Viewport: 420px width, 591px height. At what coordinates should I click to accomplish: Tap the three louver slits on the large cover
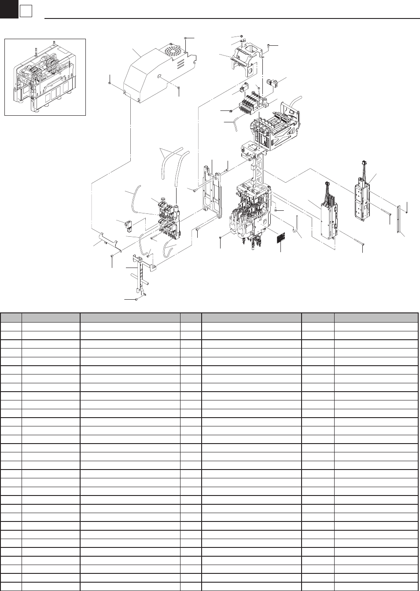tap(180, 64)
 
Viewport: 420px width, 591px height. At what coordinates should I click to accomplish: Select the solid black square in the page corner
tap(8, 9)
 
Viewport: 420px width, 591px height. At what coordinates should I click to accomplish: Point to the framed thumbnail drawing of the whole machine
tap(45, 77)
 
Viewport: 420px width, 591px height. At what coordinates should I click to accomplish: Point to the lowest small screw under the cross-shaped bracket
tap(137, 299)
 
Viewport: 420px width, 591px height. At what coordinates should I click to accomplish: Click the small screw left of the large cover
tap(109, 82)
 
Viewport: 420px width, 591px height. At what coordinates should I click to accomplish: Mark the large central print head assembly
tap(251, 211)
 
